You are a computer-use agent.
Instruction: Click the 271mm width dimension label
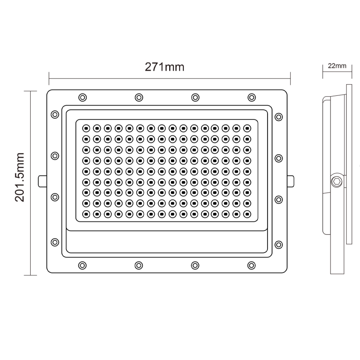[164, 67]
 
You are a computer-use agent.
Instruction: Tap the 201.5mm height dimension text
[20, 177]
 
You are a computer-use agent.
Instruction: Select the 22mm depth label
[337, 66]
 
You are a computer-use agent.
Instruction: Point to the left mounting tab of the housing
[42, 181]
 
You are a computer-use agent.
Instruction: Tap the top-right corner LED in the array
[247, 128]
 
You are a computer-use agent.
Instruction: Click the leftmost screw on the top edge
[82, 97]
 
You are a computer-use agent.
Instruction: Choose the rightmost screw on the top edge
[251, 97]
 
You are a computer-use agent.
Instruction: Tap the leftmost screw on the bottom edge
[82, 265]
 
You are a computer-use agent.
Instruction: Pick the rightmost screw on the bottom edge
[251, 265]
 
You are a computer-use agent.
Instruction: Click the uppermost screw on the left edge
[54, 114]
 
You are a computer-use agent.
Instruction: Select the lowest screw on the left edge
[54, 242]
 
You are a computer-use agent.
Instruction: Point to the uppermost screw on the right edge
[279, 117]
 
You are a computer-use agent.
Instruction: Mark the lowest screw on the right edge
[279, 244]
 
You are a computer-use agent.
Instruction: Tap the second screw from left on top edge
[139, 97]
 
